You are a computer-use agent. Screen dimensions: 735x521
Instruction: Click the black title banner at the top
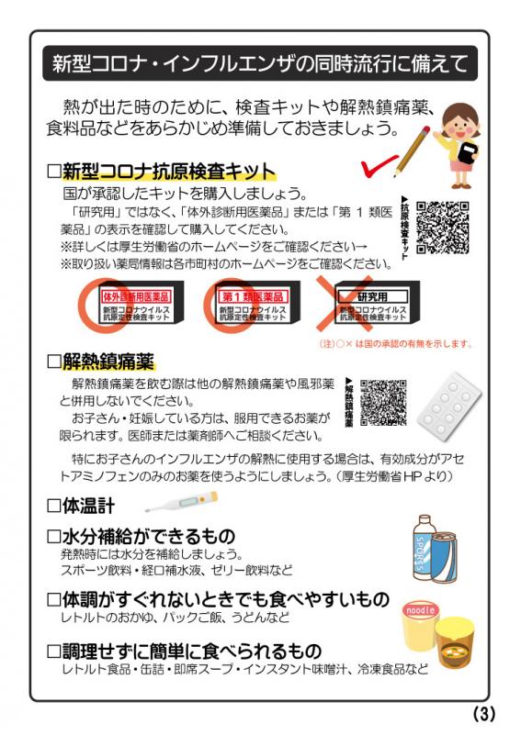(260, 65)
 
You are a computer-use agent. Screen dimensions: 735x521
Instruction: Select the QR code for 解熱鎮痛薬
(383, 402)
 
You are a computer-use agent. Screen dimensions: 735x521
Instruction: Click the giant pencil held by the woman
(413, 147)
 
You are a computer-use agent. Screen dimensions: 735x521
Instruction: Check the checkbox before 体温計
(53, 505)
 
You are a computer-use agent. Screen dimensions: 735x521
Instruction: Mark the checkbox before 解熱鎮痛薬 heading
(53, 360)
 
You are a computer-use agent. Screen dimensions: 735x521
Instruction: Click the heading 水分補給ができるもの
(148, 536)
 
